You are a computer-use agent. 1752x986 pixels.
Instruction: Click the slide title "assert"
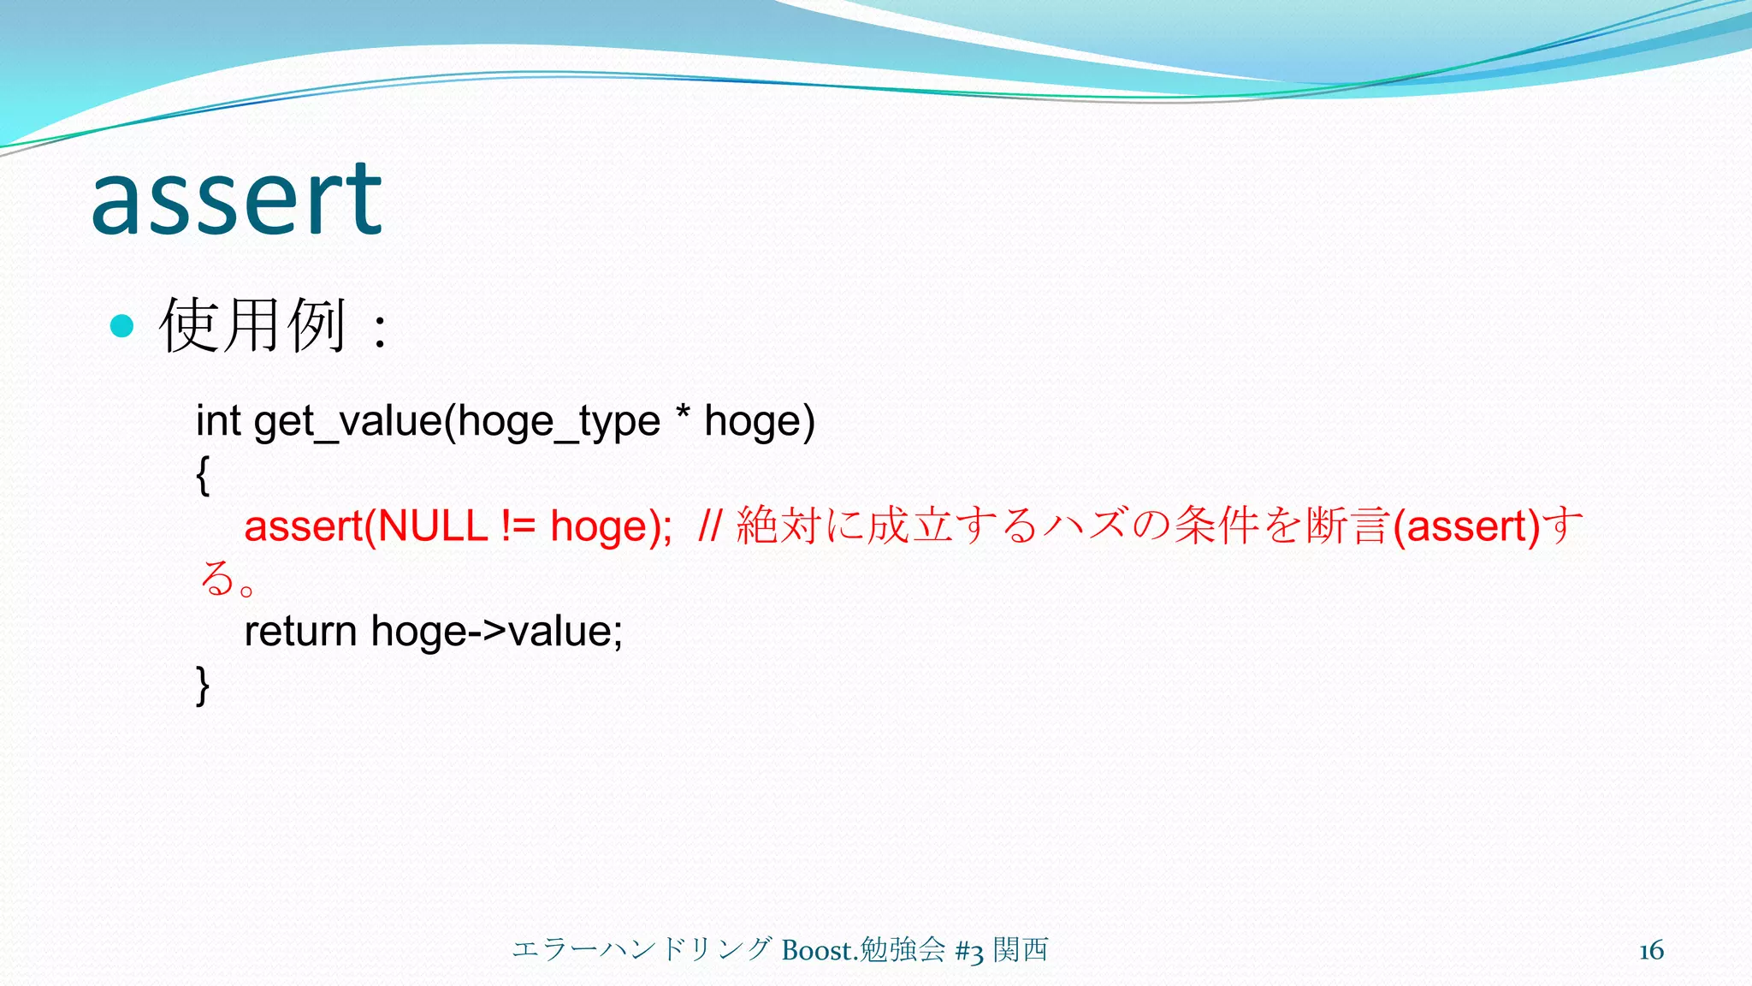coord(236,200)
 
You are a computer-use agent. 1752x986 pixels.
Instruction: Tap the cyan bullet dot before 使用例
coord(122,326)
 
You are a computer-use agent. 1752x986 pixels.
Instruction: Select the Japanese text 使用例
coord(253,326)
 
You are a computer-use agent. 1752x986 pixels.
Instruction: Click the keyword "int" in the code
coord(218,420)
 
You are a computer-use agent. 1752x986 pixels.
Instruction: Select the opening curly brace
coord(203,475)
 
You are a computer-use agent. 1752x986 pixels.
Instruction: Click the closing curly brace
coord(203,686)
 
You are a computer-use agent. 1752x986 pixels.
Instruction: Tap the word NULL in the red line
coord(432,526)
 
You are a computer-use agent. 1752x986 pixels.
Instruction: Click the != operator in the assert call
coord(518,526)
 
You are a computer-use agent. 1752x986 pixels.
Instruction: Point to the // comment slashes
coord(710,526)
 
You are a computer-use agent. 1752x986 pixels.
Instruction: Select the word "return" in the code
coord(300,632)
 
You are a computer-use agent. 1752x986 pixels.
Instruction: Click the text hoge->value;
coord(497,632)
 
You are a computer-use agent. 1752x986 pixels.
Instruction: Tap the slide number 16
coord(1651,950)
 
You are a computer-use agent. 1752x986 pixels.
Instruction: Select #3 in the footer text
coord(969,951)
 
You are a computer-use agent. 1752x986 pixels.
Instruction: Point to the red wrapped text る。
coord(228,579)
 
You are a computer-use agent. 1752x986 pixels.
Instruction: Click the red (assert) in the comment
coord(1466,526)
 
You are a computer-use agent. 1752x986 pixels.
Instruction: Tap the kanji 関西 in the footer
coord(1021,949)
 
